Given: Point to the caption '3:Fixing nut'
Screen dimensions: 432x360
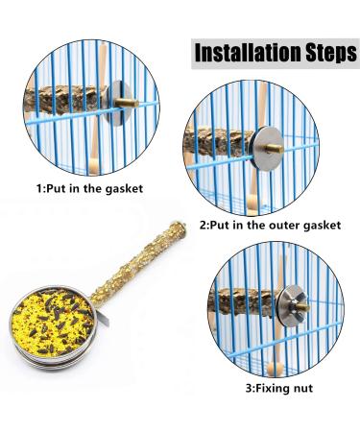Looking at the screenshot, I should (280, 390).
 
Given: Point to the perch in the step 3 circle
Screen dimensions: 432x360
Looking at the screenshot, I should (245, 300).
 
